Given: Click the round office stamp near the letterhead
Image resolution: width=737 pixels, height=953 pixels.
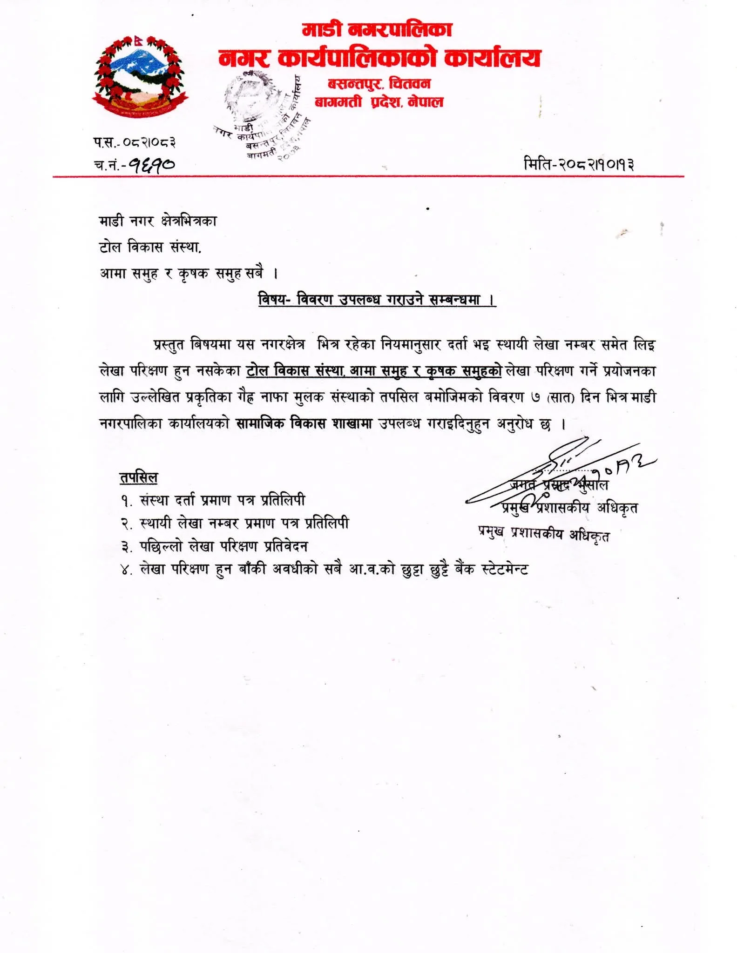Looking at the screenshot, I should pyautogui.click(x=261, y=114).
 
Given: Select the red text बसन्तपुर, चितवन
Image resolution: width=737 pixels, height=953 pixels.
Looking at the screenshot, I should pyautogui.click(x=379, y=84).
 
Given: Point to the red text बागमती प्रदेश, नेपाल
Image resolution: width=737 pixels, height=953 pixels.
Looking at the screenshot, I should pyautogui.click(x=379, y=101).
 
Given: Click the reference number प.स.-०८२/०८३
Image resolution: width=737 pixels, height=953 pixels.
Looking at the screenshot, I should pyautogui.click(x=135, y=142).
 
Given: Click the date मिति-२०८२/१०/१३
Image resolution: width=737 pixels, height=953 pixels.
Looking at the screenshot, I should pyautogui.click(x=579, y=164).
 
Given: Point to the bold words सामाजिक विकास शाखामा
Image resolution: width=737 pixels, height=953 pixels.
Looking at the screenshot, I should pyautogui.click(x=304, y=423).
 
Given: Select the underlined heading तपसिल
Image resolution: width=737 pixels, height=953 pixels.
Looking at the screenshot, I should pyautogui.click(x=139, y=477).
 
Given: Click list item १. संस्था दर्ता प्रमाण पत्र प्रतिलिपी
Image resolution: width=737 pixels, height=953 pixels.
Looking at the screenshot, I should pyautogui.click(x=213, y=500).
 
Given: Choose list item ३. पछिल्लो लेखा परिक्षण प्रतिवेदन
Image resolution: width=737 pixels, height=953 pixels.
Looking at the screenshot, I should pyautogui.click(x=214, y=546).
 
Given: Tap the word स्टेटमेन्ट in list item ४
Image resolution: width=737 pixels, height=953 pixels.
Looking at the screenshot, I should pyautogui.click(x=505, y=569).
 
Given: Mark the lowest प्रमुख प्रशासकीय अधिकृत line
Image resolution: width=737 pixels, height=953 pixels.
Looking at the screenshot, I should pyautogui.click(x=543, y=534).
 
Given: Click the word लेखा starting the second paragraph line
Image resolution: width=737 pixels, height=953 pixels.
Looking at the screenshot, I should pyautogui.click(x=112, y=371).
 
